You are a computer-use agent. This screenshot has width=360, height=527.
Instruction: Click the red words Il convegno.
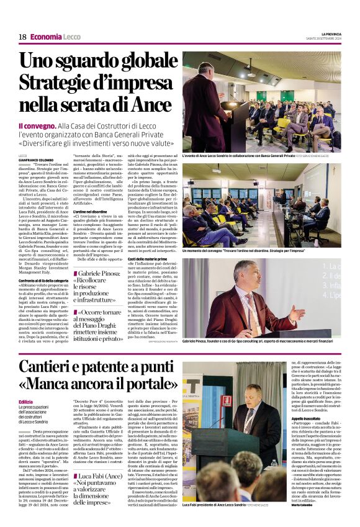pos(37,125)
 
